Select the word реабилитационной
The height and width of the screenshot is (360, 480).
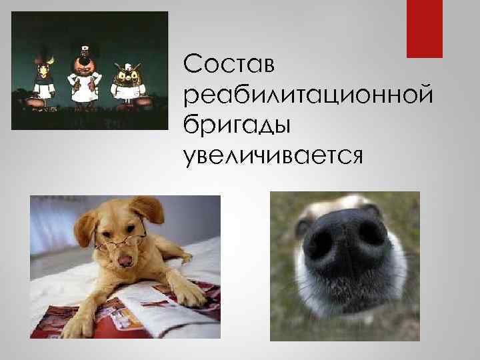click(x=311, y=95)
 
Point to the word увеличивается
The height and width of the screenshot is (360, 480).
click(x=273, y=155)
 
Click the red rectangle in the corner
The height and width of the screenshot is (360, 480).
click(x=425, y=29)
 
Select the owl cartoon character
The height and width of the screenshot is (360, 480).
click(x=126, y=83)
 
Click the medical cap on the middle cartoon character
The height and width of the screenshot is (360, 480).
click(x=83, y=50)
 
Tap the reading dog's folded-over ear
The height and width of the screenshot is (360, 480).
click(x=149, y=209)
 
